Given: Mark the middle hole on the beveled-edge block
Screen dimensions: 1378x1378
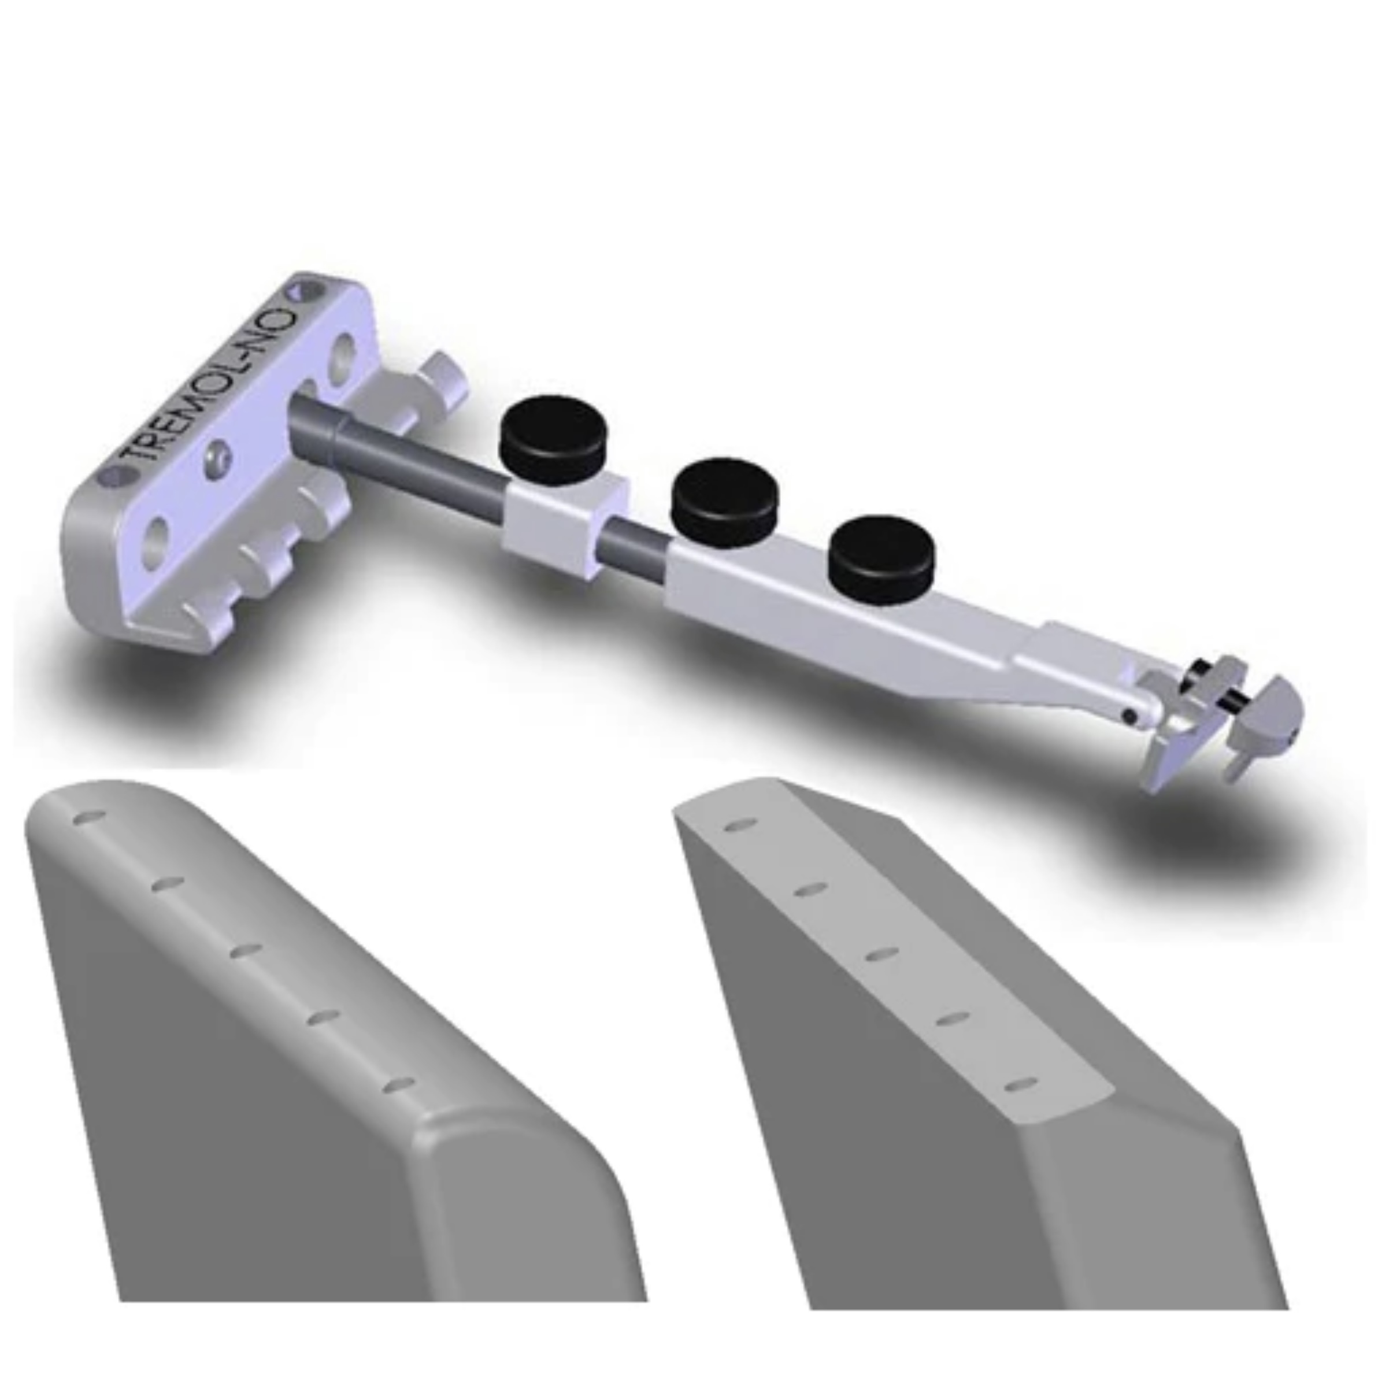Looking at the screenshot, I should [881, 955].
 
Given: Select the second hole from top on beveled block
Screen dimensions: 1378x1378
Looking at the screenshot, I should [811, 890].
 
